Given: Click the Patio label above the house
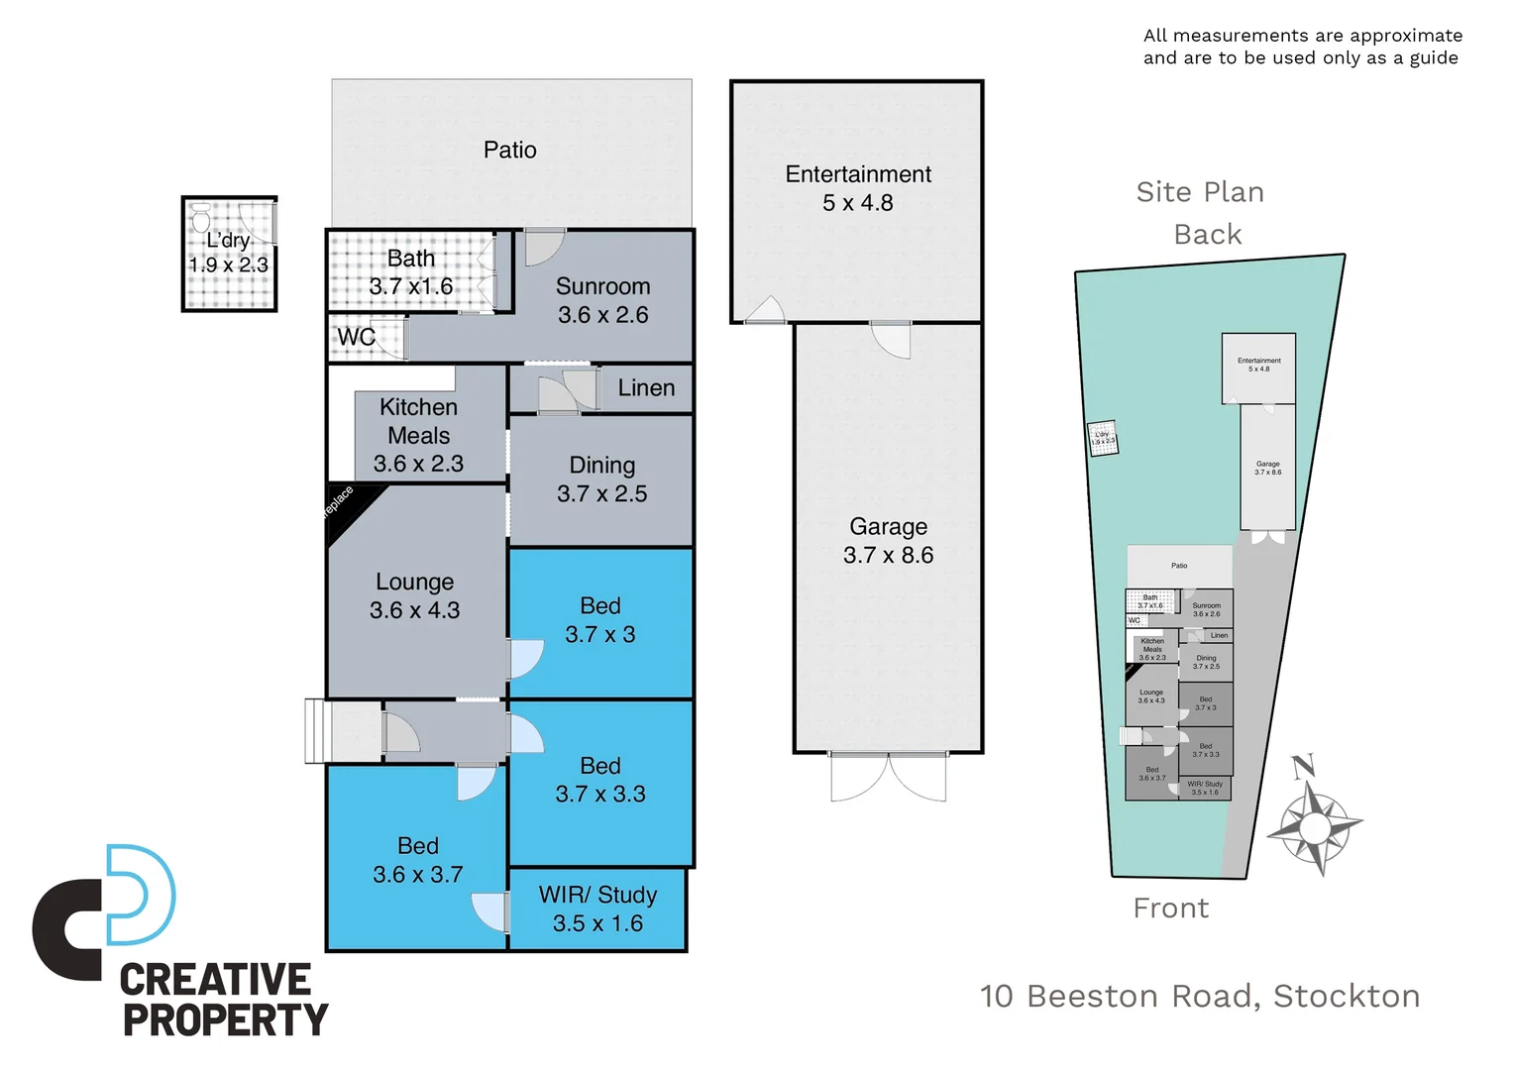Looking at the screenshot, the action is coord(510,151).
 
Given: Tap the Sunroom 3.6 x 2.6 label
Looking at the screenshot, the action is coord(602,300).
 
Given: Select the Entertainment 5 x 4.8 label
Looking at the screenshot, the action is coord(858,188).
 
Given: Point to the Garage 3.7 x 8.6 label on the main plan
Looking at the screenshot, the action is coord(888,541).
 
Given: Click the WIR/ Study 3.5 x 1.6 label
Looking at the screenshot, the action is coord(597,909).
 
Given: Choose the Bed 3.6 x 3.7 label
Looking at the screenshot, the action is coord(417,860).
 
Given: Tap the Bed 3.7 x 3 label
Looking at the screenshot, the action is coord(600,620).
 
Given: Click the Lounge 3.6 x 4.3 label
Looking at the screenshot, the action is coord(414,595).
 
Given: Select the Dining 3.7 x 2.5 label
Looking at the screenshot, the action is coord(601,480).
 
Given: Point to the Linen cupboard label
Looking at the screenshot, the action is coord(646,388).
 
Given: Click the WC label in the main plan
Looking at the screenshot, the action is coord(356,337).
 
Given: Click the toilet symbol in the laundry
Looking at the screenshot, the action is coord(201,218).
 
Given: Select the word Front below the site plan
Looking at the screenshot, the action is coord(1171,909).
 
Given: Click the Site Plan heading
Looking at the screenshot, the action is coord(1200,192).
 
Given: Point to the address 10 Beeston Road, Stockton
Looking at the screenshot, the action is coord(1200,996).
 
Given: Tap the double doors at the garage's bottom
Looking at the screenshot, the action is coord(889,777).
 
